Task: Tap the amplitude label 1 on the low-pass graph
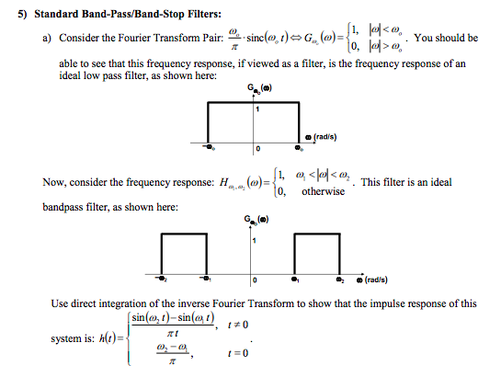[x=258, y=110]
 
